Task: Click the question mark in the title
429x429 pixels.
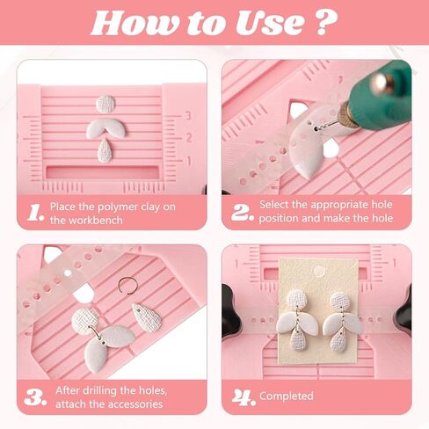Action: pyautogui.click(x=326, y=21)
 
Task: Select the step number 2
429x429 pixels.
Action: pyautogui.click(x=241, y=212)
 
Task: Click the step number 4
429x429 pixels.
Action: pyautogui.click(x=241, y=396)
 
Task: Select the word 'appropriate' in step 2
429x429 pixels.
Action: pyautogui.click(x=327, y=205)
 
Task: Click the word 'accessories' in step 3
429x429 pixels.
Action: pyautogui.click(x=134, y=404)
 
